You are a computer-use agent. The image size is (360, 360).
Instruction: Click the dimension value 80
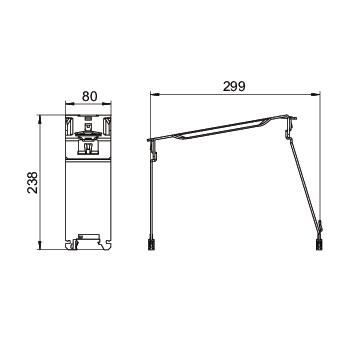tap(89, 96)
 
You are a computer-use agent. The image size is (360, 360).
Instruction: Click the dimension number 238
tap(33, 182)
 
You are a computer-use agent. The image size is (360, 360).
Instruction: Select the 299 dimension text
tap(234, 86)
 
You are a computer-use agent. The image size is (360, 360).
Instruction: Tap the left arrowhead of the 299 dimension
tap(155, 95)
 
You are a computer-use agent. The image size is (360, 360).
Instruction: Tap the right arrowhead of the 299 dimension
tap(315, 95)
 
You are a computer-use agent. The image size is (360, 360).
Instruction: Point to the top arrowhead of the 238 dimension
tap(40, 119)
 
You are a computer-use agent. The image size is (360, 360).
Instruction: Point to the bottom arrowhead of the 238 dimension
tap(40, 245)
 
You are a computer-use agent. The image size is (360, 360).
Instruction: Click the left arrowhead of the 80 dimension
tap(69, 104)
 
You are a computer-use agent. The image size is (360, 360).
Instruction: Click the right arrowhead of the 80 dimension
tap(107, 104)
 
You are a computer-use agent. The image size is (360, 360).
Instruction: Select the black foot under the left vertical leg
tap(152, 244)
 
